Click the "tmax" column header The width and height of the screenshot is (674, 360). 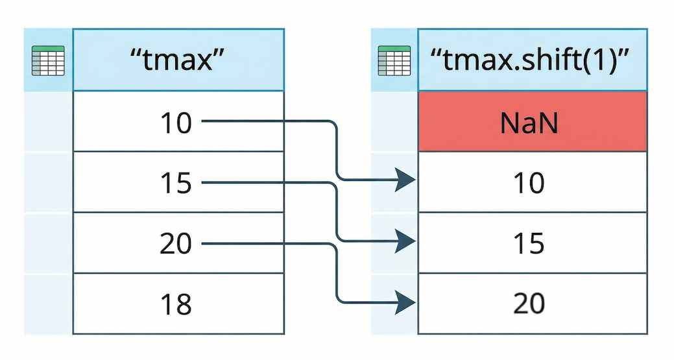coord(178,60)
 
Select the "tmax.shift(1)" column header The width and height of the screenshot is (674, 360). coord(532,60)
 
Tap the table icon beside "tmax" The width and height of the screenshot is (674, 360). coord(48,61)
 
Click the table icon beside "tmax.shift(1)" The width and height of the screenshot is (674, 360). coord(394,61)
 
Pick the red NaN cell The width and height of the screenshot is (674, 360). coord(532,121)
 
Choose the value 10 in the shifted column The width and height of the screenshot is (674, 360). coord(529,183)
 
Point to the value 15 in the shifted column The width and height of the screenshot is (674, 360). coord(529,244)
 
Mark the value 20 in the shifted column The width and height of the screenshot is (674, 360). coord(529,304)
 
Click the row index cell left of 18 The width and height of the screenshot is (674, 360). coord(48,304)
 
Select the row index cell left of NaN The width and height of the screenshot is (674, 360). coord(394,121)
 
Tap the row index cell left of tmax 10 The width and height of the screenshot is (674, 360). coord(48,121)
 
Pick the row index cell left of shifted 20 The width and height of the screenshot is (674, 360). coord(394,304)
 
